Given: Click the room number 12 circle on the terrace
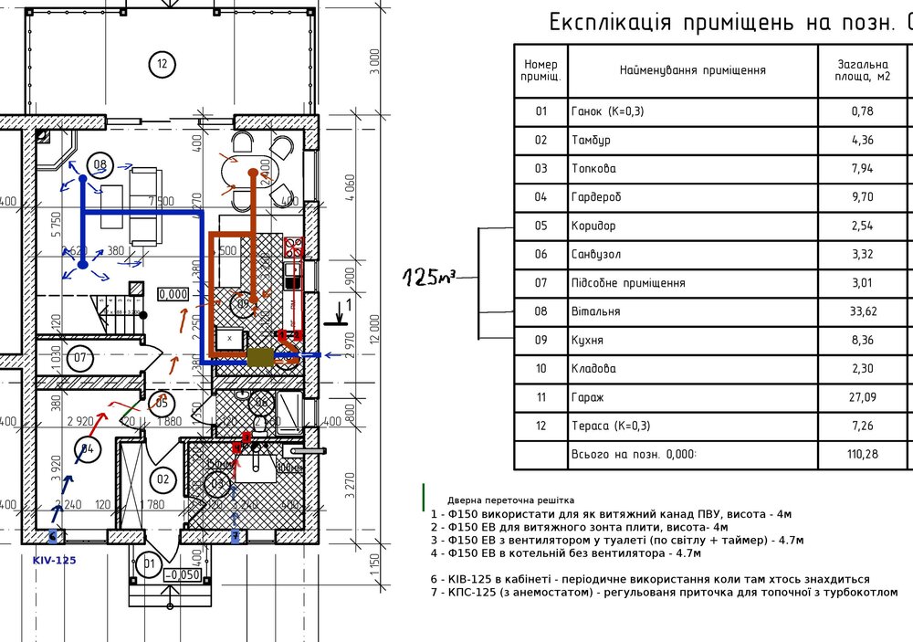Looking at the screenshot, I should point(162,64).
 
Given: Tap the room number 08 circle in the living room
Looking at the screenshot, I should point(100,165).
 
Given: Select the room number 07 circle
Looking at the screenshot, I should point(79,357).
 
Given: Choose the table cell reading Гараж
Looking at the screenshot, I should point(588,398).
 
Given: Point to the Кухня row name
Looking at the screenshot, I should point(590,341).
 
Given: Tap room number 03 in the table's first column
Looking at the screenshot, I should point(540,168).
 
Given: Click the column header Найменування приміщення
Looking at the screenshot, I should point(692,70).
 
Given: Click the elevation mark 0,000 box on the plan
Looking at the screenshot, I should point(173,294).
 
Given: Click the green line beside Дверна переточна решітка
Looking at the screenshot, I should point(424,498).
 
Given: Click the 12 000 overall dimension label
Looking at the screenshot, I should point(373,325).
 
